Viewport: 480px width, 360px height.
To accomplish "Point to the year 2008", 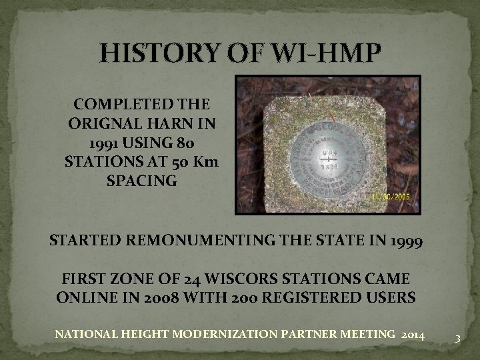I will pos(162,297).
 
